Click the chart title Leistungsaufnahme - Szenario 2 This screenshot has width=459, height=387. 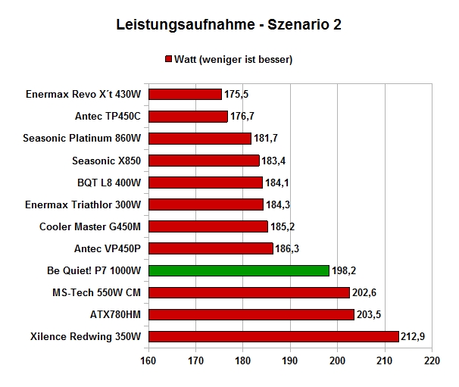[x=229, y=24]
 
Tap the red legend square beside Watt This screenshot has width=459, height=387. [x=168, y=59]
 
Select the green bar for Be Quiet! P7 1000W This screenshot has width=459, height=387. [x=239, y=270]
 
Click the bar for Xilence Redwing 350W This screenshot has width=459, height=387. [x=273, y=336]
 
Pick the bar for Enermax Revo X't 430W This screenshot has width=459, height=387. [x=185, y=94]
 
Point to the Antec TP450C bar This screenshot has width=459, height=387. [x=188, y=116]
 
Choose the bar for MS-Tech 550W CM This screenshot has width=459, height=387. [x=249, y=292]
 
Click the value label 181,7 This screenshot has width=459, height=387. [x=266, y=138]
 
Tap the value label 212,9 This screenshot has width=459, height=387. [x=413, y=336]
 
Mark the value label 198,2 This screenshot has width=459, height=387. [x=344, y=270]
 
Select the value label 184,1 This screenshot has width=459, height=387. [x=277, y=183]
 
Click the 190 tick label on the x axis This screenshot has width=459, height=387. [x=290, y=360]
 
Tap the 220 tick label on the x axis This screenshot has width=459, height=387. [x=432, y=360]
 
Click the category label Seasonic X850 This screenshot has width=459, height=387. [x=107, y=161]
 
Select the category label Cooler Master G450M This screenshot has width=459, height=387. [x=90, y=226]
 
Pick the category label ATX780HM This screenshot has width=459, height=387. [x=115, y=314]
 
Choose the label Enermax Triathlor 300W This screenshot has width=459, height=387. [x=83, y=204]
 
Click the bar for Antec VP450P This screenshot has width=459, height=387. [x=211, y=248]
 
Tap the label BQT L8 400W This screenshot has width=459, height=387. [x=109, y=183]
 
